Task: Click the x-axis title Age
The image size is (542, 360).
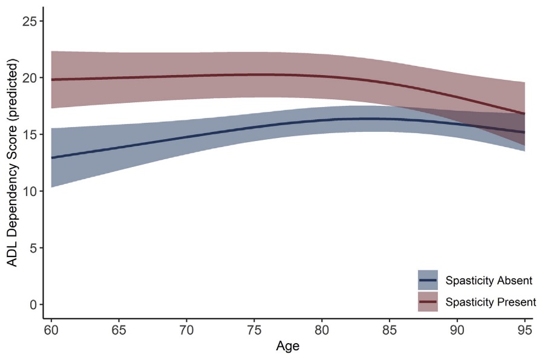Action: (287, 347)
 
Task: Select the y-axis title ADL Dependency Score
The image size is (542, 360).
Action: (11, 163)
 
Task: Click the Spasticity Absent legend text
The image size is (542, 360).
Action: (488, 281)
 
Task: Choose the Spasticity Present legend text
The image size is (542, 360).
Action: (490, 301)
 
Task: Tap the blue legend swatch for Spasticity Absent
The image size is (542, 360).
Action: (428, 281)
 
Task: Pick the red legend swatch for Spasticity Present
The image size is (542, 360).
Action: (428, 301)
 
